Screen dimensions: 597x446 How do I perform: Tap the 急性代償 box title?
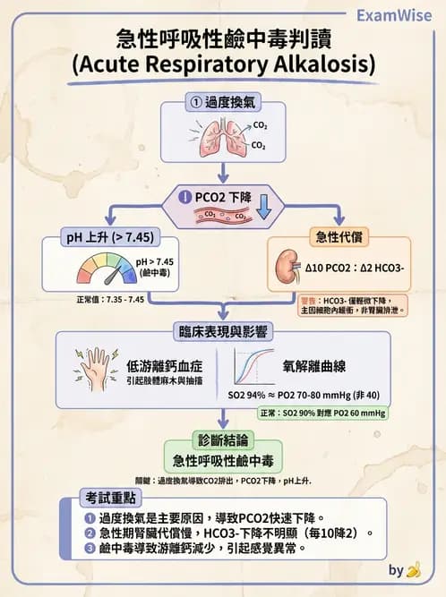point(339,237)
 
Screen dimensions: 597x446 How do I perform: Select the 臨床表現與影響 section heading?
point(223,332)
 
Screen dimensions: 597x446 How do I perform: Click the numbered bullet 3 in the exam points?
point(89,547)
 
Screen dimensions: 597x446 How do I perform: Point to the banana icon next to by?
point(413,570)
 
